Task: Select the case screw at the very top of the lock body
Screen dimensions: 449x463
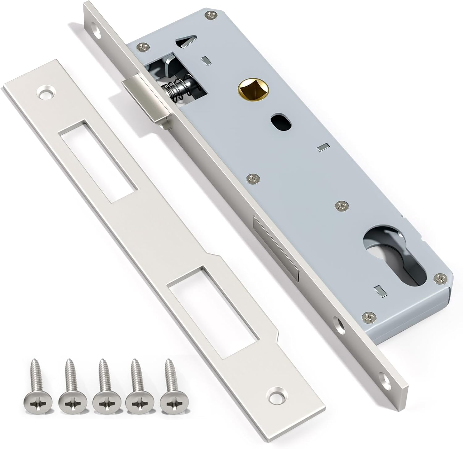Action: (x=211, y=14)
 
